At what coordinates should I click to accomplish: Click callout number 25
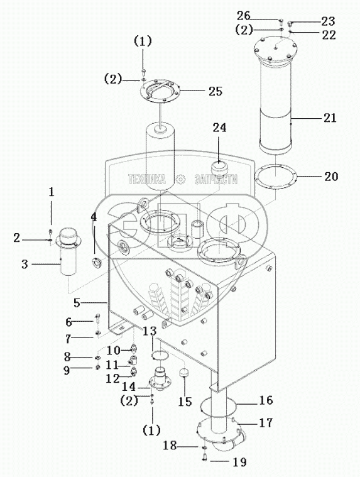pos(215,91)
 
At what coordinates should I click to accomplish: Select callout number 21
pos(330,118)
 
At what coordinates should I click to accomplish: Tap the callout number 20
pos(331,177)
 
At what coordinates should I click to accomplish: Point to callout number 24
pos(219,128)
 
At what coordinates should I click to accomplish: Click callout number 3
pos(25,264)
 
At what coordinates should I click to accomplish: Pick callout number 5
pos(77,303)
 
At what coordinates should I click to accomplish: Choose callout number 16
pos(266,400)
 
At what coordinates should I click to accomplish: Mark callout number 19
pos(239,462)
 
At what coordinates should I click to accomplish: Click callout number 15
pos(185,402)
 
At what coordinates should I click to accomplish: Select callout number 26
pos(243,16)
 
